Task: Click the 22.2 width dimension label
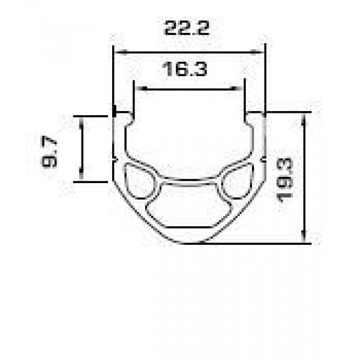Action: coord(187,28)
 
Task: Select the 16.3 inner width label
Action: coord(184,69)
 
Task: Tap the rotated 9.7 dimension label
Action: coord(49,152)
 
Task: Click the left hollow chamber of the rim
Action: coord(139,181)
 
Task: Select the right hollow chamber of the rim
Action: coord(238,181)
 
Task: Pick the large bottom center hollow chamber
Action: coord(188,205)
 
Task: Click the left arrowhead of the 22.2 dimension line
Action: coord(121,52)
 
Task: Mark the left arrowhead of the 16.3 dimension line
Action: coord(142,89)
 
